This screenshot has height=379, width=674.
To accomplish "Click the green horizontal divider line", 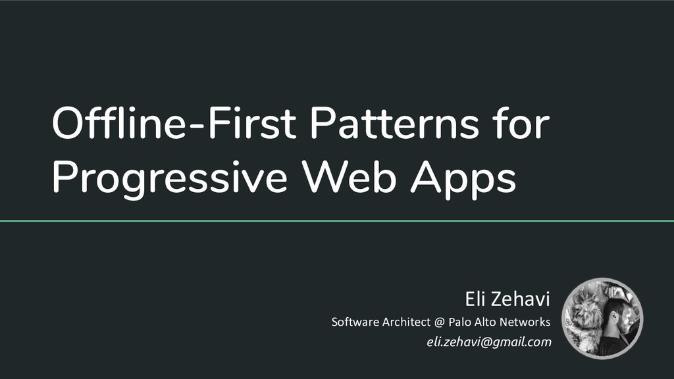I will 337,221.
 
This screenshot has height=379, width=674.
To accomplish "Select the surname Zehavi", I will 523,301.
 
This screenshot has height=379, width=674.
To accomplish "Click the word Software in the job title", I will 355,322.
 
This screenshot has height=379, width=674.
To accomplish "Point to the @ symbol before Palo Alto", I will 440,322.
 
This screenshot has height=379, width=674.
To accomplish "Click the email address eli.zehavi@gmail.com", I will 489,342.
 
